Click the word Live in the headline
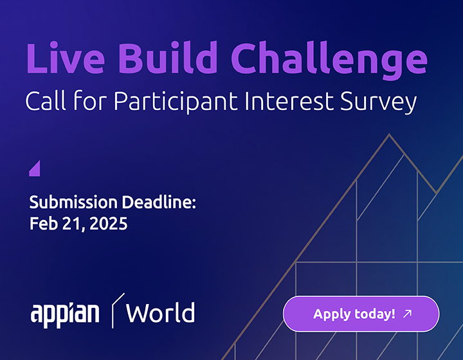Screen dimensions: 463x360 click(65, 58)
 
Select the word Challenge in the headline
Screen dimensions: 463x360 click(329, 60)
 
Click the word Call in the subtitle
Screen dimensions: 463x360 click(46, 101)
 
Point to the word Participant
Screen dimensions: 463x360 click(176, 102)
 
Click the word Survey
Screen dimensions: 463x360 click(378, 102)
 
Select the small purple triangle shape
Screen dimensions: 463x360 click(35, 168)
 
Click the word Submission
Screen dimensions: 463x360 click(73, 202)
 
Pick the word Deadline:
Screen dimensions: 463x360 click(159, 202)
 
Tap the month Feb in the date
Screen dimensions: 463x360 click(44, 223)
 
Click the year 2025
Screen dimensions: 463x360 click(109, 223)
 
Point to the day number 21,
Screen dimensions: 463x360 click(73, 224)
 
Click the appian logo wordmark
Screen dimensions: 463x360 click(65, 314)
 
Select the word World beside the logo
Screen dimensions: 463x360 click(160, 312)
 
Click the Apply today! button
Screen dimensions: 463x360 click(361, 314)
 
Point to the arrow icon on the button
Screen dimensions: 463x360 click(408, 313)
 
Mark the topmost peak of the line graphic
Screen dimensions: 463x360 click(389, 134)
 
